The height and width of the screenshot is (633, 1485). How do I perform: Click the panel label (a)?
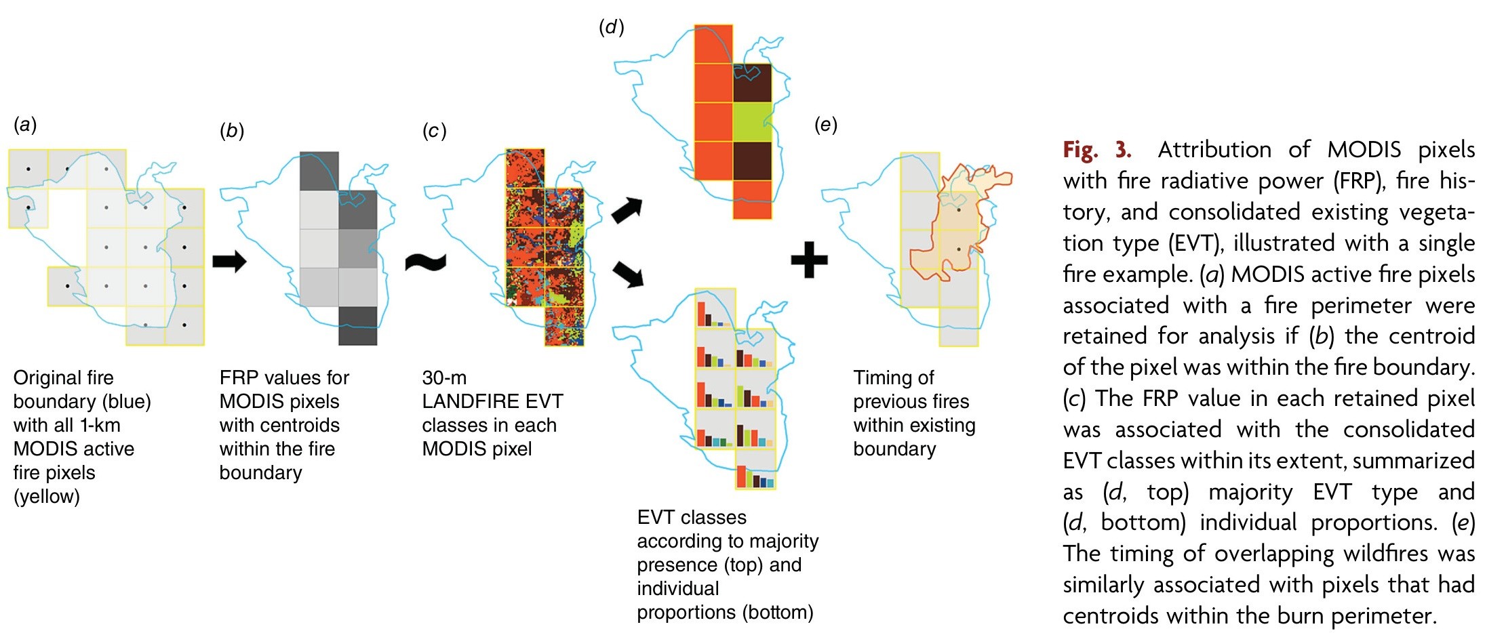point(25,125)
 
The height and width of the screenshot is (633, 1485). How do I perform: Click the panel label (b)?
point(232,131)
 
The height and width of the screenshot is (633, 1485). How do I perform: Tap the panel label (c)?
point(434,131)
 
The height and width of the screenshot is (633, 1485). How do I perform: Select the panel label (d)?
point(611,27)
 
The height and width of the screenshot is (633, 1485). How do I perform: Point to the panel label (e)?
point(825,125)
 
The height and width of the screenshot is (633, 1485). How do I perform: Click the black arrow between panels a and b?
point(229,261)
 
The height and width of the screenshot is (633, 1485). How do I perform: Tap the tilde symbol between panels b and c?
point(426,262)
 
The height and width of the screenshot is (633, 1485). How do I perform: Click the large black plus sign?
point(810,260)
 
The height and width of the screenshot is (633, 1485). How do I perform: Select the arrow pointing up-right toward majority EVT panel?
point(627,210)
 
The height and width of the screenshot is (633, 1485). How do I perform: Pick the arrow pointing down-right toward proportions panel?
point(627,274)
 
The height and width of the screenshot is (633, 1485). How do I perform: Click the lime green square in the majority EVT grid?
point(752,122)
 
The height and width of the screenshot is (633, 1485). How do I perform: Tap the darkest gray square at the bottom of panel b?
point(357,326)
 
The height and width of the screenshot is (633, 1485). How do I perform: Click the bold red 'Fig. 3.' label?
point(1096,150)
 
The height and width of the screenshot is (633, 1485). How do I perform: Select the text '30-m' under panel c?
point(444,377)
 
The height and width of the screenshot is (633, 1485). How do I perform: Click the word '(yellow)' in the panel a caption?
point(47,497)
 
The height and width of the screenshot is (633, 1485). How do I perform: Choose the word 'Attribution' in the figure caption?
point(1214,150)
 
